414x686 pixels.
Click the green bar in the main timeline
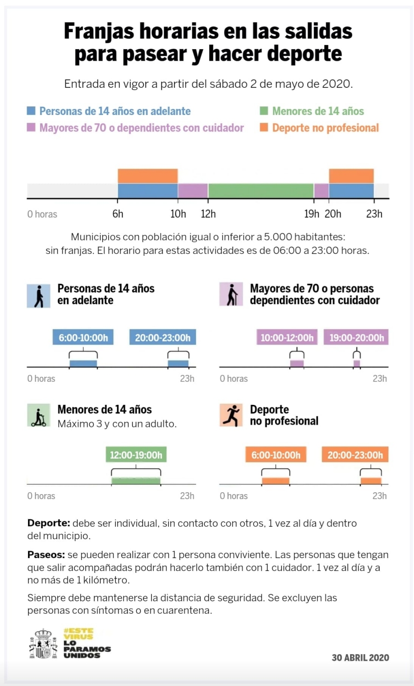(x=261, y=190)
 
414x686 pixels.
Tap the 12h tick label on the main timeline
(x=208, y=214)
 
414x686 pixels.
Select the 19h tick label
(x=311, y=214)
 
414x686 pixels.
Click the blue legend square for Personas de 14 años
(x=31, y=111)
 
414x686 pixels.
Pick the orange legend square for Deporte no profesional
(x=264, y=127)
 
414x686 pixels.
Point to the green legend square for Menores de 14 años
(x=264, y=111)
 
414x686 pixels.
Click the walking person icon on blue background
(x=39, y=295)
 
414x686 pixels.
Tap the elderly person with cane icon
(x=231, y=294)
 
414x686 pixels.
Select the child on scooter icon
(x=39, y=416)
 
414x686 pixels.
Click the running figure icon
(x=231, y=415)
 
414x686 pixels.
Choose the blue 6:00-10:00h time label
(x=83, y=338)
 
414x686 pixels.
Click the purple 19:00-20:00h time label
(x=356, y=338)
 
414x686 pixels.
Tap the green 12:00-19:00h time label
(x=136, y=455)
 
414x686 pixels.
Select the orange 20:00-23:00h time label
(x=355, y=455)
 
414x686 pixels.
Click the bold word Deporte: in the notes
(x=48, y=523)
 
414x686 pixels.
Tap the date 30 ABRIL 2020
(x=360, y=657)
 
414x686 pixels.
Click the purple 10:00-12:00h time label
(x=287, y=338)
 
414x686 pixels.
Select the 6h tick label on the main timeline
(x=118, y=214)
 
